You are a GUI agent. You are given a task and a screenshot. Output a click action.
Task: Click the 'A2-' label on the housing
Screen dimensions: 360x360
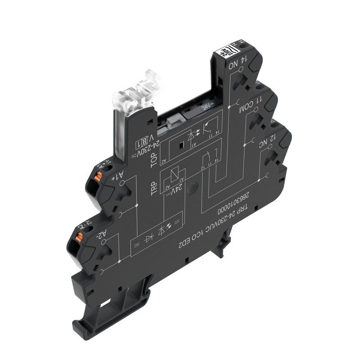click(103, 234)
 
